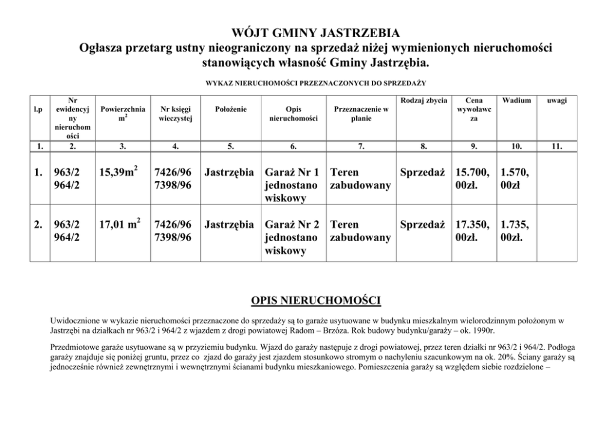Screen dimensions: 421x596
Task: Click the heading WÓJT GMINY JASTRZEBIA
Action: coord(315,32)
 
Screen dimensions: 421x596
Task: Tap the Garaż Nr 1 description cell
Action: coord(291,185)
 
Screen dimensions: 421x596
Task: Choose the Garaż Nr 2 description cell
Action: coord(291,237)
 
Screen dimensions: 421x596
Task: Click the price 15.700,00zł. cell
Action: coord(473,179)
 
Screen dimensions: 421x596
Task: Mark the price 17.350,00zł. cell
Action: coord(473,231)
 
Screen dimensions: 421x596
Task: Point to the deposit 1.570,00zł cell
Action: coord(515,179)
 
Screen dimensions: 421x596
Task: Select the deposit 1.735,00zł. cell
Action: coord(515,231)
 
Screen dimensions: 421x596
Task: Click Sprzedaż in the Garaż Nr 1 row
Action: coord(422,173)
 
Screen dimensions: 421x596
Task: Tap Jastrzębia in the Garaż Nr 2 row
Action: coord(229,225)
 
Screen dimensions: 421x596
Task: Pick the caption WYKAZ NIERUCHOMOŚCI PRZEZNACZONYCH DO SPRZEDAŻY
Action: coord(315,82)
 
